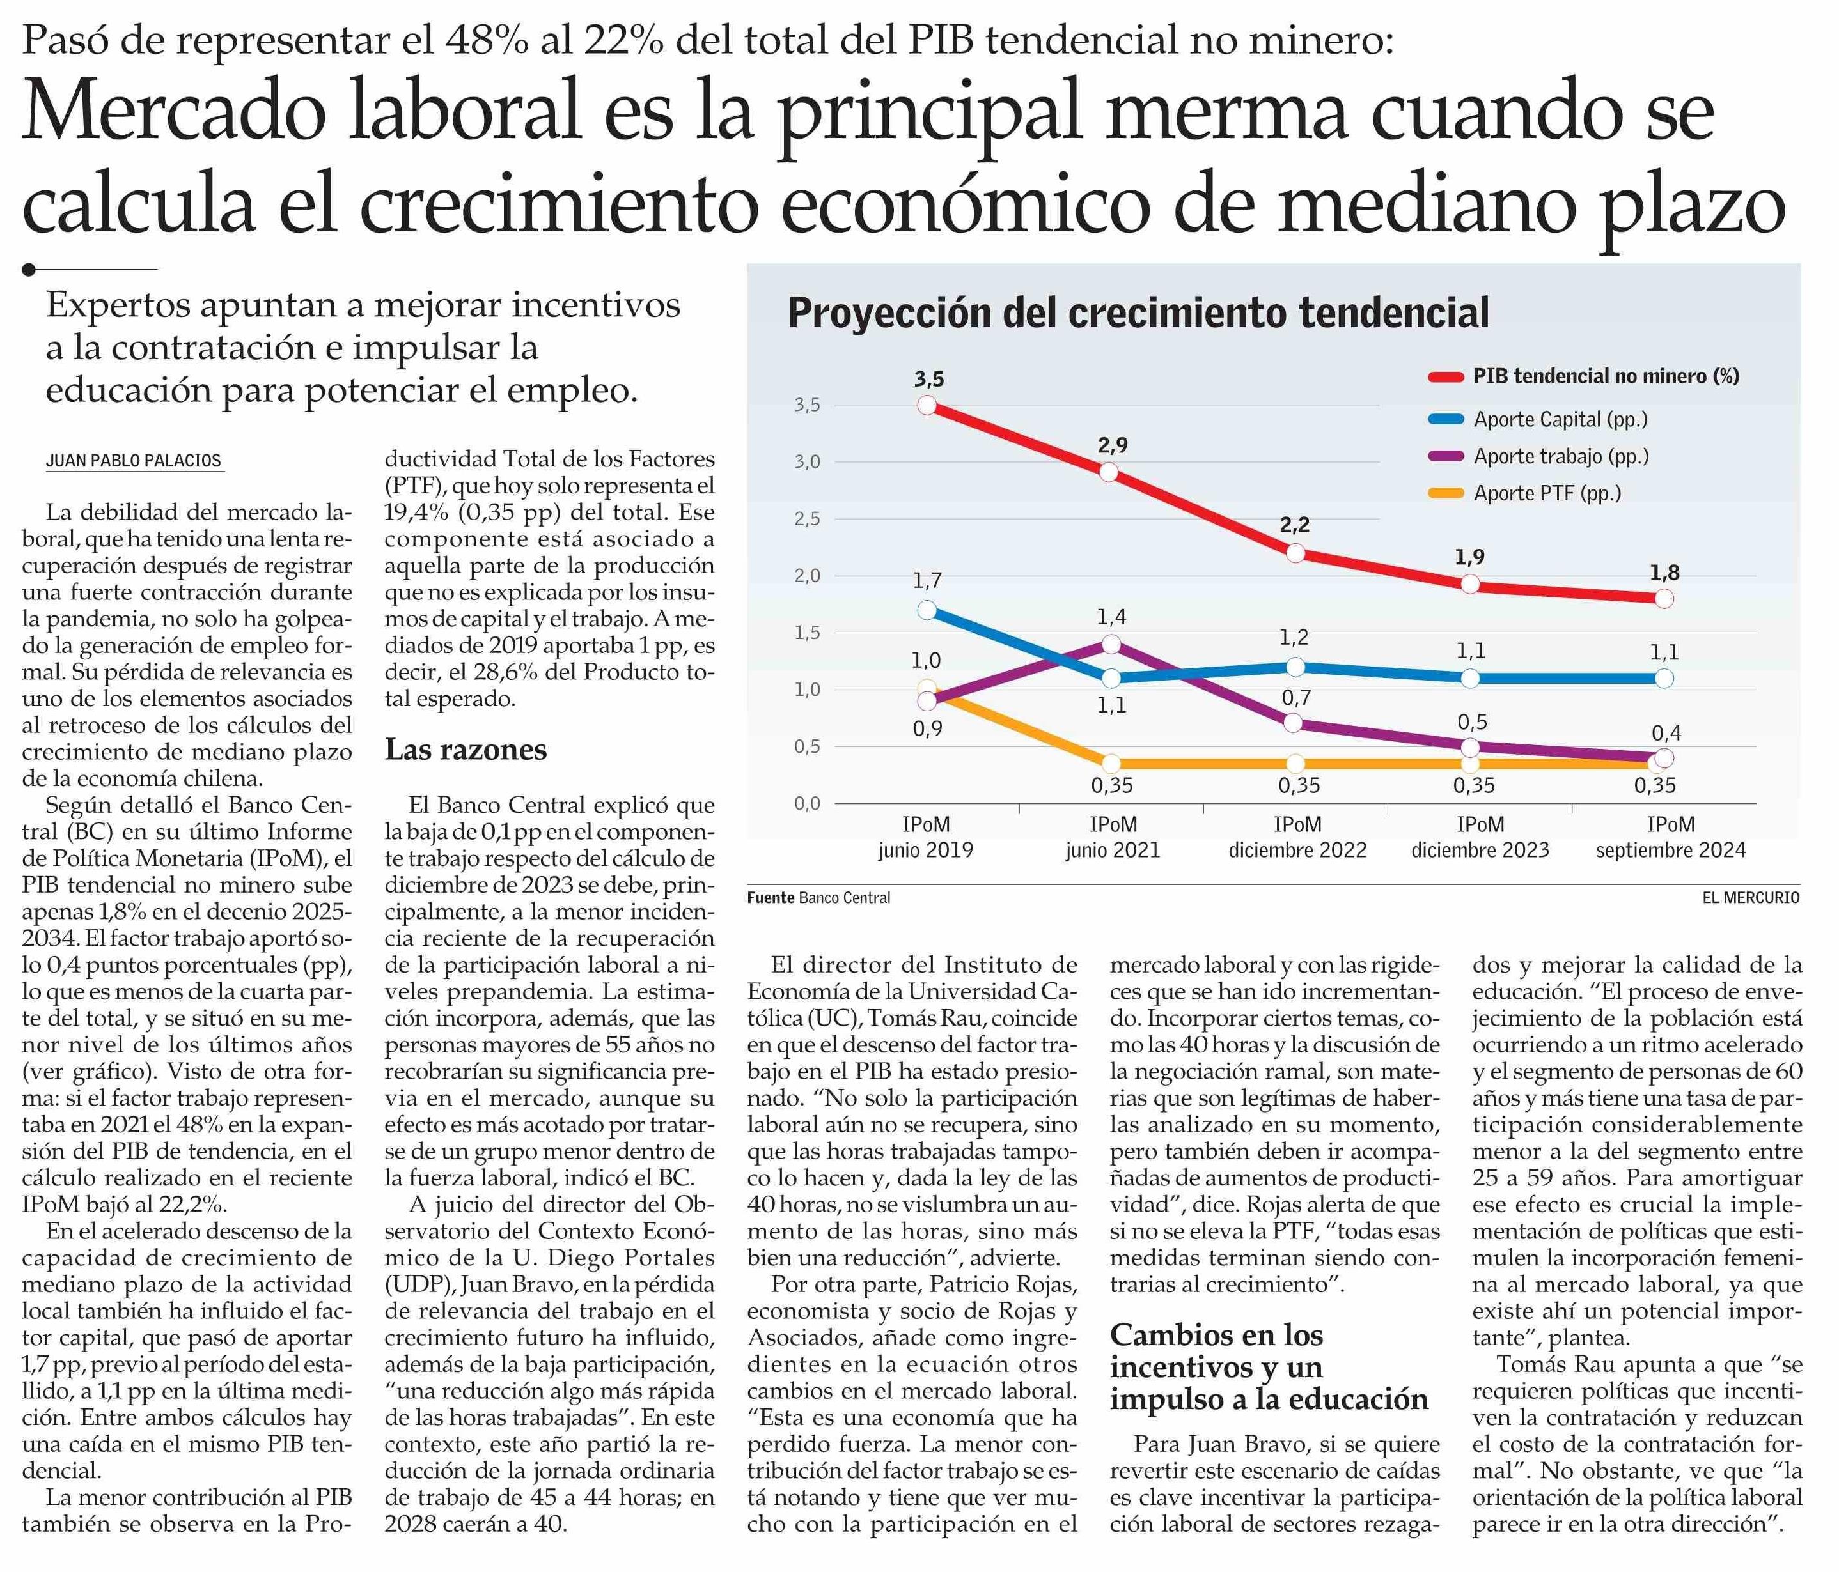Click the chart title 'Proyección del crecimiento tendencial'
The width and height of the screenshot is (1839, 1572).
1138,313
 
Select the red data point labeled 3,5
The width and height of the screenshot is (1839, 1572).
927,405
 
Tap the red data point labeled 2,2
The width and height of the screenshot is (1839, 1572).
1295,553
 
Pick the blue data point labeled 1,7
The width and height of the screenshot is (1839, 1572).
927,610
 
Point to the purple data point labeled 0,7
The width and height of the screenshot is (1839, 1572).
1295,723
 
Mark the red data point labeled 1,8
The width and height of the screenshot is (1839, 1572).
1664,598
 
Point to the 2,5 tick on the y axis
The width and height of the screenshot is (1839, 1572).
807,519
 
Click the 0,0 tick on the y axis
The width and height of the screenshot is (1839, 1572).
807,804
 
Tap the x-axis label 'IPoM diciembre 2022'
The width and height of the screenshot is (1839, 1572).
1297,838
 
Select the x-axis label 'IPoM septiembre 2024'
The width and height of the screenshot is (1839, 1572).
1670,838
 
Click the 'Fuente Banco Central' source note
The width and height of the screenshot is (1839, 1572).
818,898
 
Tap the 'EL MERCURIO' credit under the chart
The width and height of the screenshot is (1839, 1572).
1750,898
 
